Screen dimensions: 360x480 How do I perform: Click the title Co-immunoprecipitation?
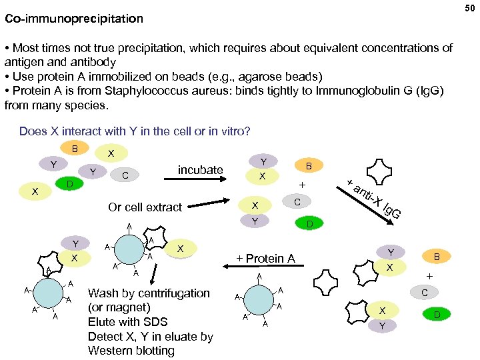click(74, 19)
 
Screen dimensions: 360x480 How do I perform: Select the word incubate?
click(200, 169)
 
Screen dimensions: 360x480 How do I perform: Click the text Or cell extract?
click(145, 207)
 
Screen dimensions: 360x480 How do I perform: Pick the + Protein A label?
click(266, 259)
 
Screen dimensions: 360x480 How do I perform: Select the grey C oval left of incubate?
click(125, 175)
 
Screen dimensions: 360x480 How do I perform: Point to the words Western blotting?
click(131, 351)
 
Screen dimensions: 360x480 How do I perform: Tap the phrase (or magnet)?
click(119, 307)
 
